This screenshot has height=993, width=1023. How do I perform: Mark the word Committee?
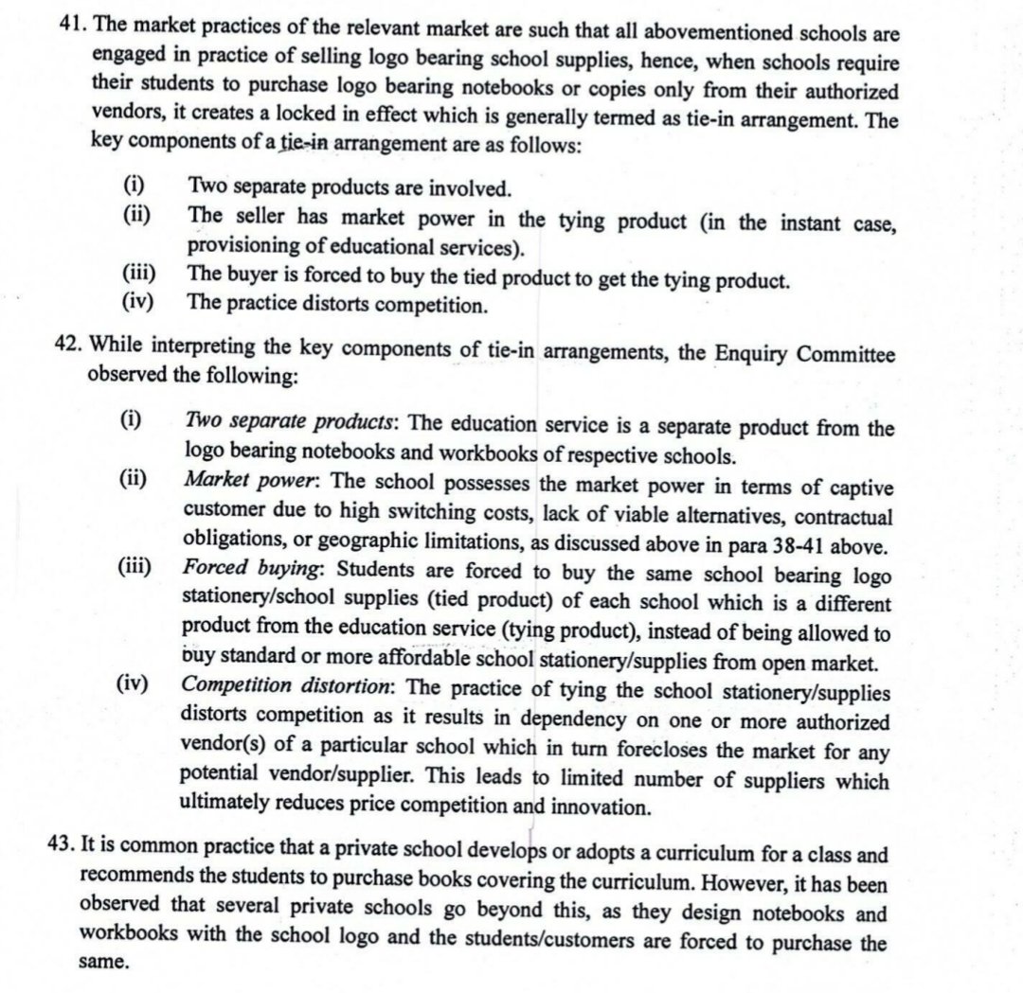pos(843,353)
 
